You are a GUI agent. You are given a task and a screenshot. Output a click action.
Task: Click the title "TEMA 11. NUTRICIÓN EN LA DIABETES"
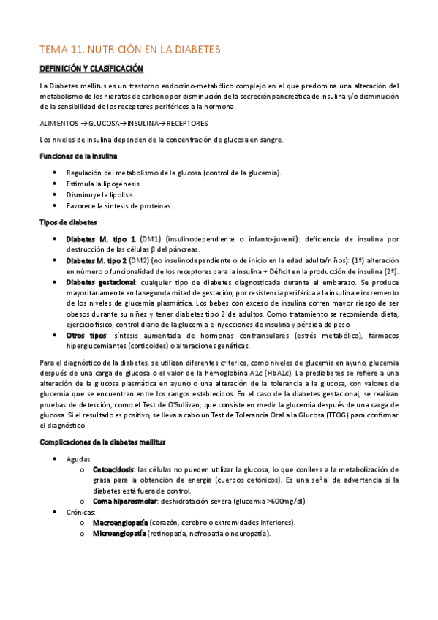(129, 50)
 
